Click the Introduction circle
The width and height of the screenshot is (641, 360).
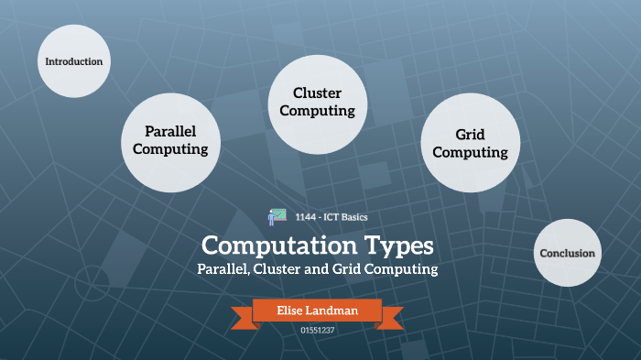[x=73, y=61]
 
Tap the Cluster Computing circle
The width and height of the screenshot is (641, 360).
[x=317, y=102]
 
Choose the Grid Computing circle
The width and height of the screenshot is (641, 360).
[x=470, y=144]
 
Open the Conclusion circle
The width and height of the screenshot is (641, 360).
[x=567, y=254]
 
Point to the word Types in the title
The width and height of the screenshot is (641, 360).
[x=392, y=246]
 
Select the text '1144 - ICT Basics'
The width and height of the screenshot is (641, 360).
[x=331, y=217]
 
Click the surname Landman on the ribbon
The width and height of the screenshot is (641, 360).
[x=334, y=311]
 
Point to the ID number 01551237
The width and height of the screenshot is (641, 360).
[x=318, y=330]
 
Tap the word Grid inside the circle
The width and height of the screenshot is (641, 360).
[x=470, y=135]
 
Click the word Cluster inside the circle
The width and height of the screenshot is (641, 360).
[x=317, y=93]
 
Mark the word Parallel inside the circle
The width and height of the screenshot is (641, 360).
[x=170, y=132]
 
